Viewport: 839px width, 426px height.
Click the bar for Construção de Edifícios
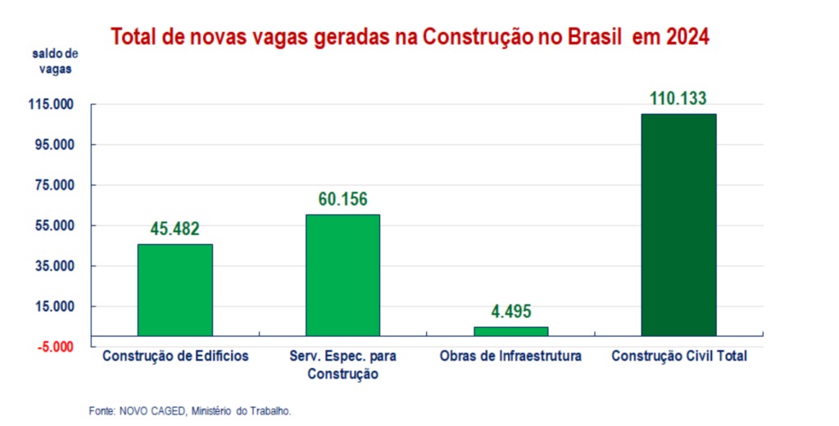point(175,289)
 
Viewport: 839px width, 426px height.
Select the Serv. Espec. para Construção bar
point(342,274)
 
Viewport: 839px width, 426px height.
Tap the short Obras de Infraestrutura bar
point(510,331)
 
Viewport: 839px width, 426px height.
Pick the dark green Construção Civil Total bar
point(678,224)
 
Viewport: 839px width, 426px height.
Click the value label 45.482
point(175,229)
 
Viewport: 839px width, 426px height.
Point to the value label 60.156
point(342,199)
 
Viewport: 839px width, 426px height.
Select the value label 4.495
point(510,312)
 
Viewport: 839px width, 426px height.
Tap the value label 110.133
point(678,99)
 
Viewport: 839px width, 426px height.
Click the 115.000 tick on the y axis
point(52,105)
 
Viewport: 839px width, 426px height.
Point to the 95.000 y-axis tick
point(54,145)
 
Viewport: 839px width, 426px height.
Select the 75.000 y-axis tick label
point(54,185)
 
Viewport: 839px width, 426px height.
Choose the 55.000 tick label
point(54,225)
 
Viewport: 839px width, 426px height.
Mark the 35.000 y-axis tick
point(54,266)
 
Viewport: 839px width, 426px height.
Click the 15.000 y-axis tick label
point(54,306)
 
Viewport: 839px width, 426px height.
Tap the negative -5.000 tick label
point(54,347)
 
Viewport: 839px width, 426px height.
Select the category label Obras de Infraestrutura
point(510,357)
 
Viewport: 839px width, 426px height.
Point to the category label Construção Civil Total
point(679,357)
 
